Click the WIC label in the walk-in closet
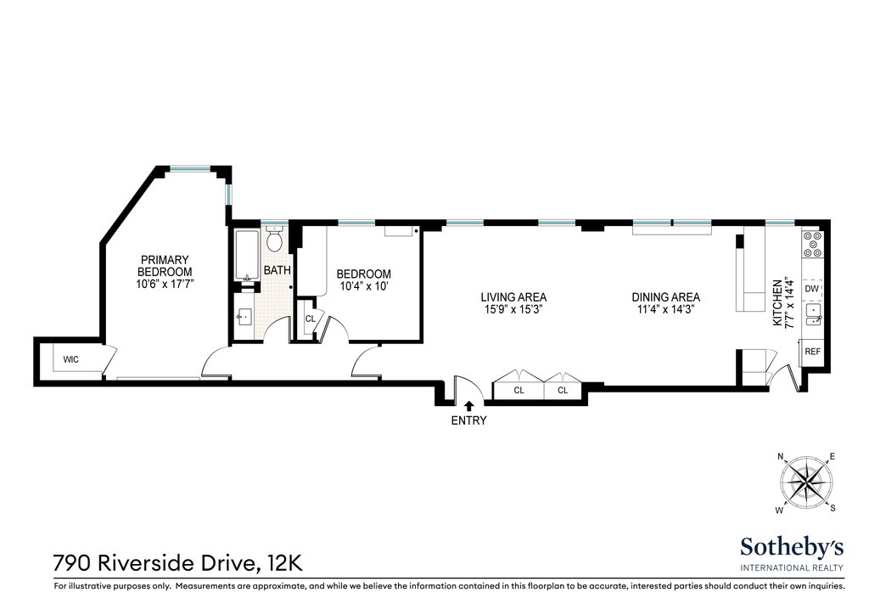[71, 359]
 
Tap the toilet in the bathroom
[274, 240]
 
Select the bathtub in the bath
[247, 256]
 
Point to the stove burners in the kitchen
[813, 245]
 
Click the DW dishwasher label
[811, 289]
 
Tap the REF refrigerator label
[812, 352]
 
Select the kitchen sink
[813, 314]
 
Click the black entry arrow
[468, 405]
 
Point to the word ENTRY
[468, 421]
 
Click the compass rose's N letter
[781, 457]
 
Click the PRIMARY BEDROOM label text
[165, 266]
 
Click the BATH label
[278, 271]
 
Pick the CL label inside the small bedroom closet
[311, 319]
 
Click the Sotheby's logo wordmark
[792, 547]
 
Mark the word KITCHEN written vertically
[777, 302]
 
